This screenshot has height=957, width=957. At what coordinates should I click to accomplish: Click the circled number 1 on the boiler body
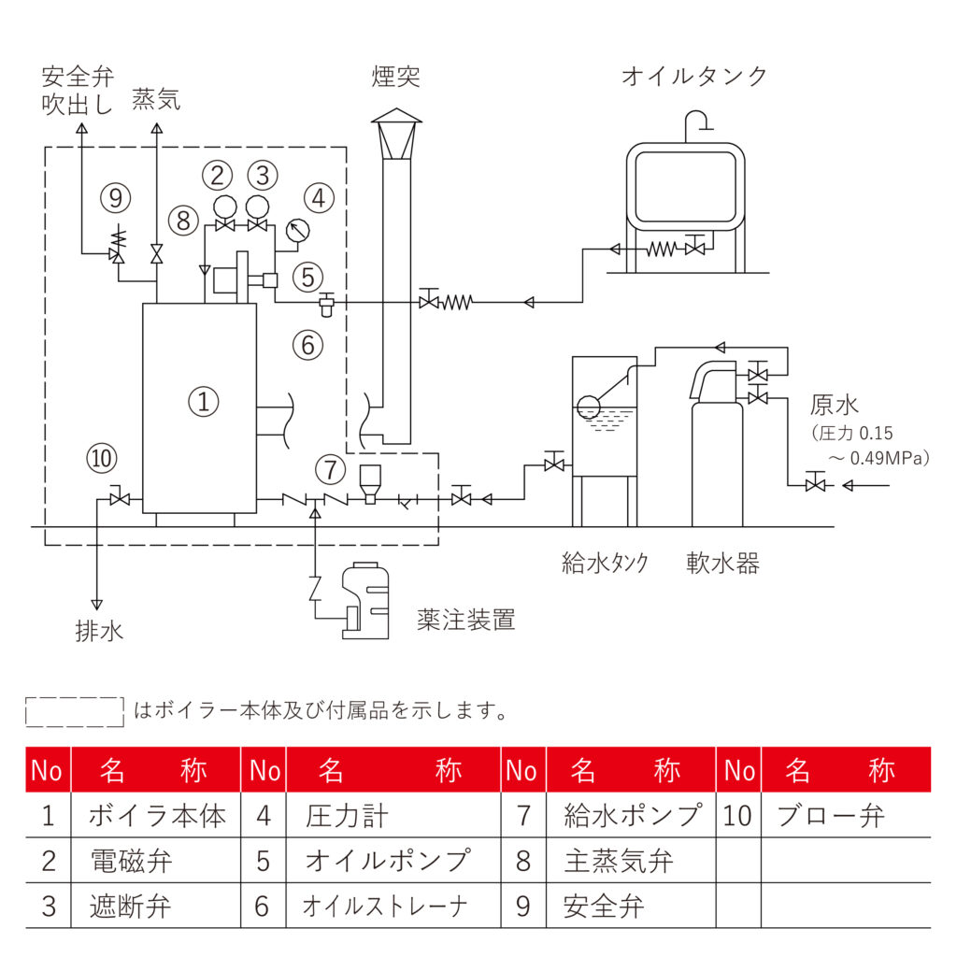tap(203, 402)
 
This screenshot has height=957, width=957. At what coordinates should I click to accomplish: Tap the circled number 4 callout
tap(320, 198)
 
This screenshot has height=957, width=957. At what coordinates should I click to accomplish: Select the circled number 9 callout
tap(116, 197)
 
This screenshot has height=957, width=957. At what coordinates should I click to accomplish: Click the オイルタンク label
tap(694, 76)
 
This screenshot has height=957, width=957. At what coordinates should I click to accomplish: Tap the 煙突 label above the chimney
tap(395, 76)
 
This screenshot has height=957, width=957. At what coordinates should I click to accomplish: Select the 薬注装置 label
tap(466, 619)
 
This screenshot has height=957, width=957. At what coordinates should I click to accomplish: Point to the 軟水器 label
tap(722, 563)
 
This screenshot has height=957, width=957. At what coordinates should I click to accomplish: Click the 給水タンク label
tap(605, 563)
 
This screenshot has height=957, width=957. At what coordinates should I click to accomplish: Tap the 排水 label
tap(99, 631)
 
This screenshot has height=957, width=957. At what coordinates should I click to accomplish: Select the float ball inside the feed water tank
tap(588, 407)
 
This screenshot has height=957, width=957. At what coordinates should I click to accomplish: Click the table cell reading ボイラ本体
tap(157, 816)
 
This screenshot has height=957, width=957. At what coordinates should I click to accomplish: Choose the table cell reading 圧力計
tap(346, 816)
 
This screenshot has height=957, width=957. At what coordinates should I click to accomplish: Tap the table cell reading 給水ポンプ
tap(632, 816)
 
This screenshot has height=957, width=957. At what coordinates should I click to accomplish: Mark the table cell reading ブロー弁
tap(830, 816)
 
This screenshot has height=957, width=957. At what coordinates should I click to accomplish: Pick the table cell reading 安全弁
tap(604, 906)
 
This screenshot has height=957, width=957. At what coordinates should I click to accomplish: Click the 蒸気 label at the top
tap(156, 100)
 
